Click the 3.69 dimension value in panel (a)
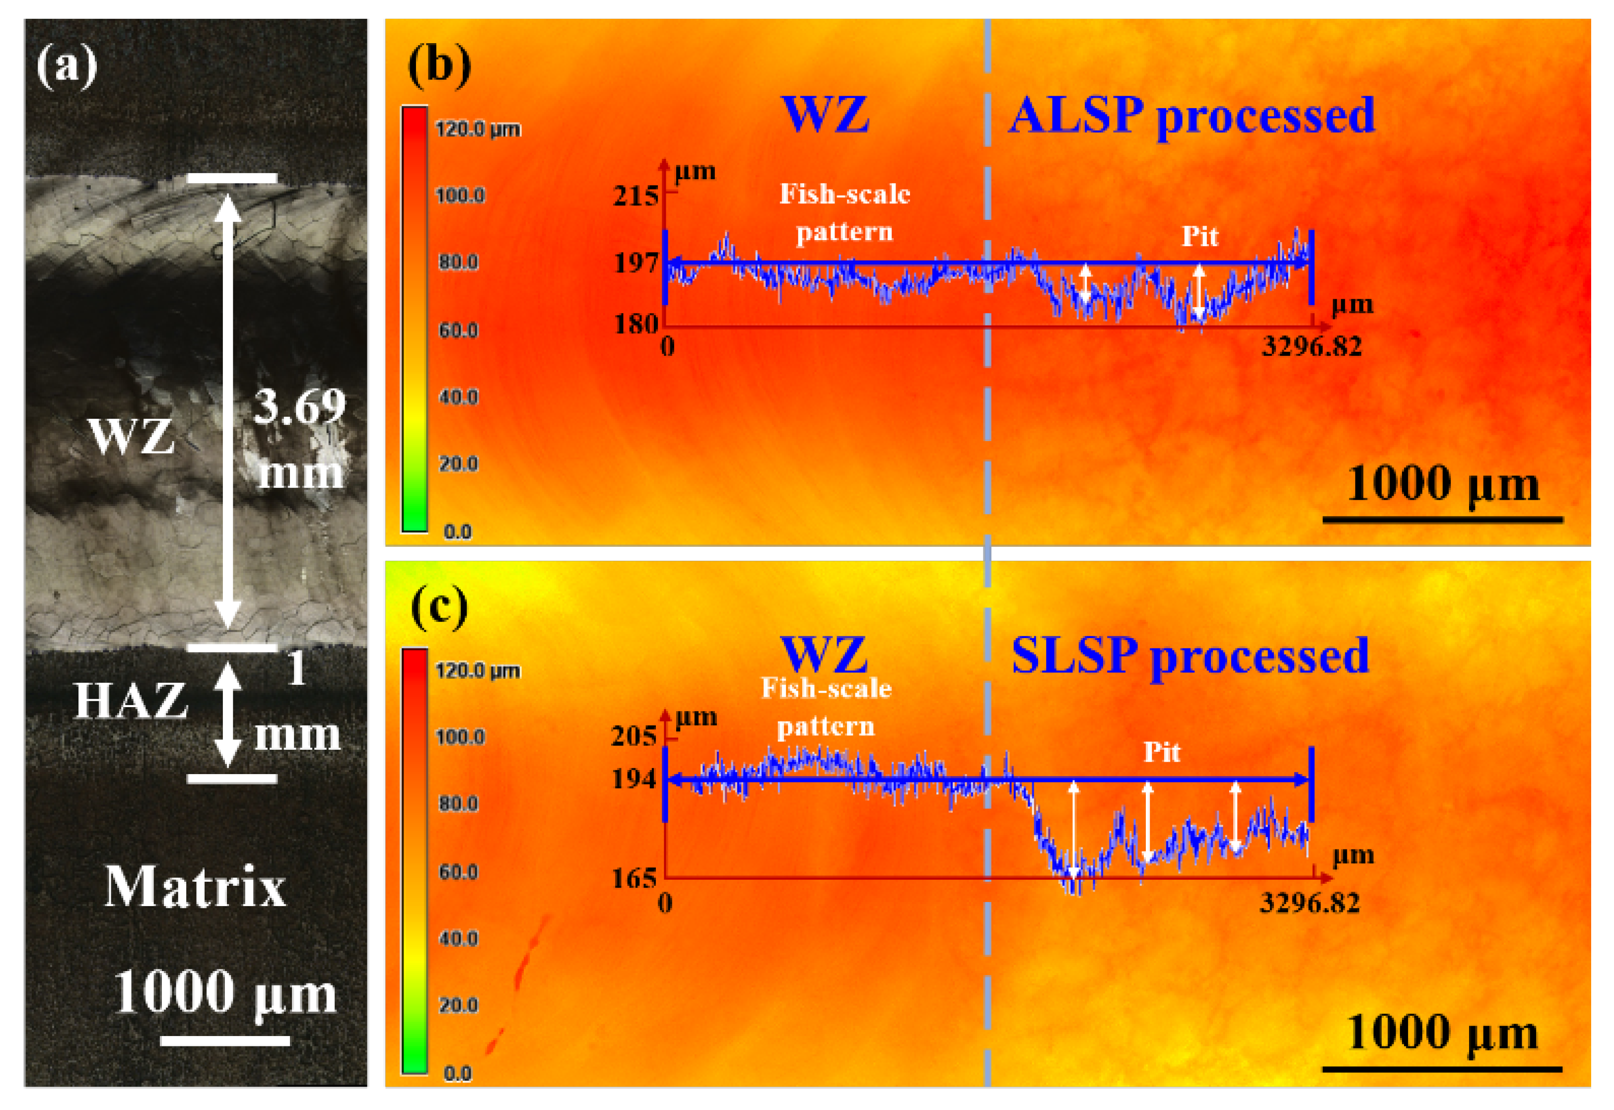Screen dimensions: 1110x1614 299,406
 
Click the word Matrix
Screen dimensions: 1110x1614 195,887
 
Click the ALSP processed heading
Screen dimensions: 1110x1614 1191,116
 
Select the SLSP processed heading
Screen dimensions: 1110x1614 1190,656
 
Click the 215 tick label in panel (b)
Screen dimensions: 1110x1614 634,197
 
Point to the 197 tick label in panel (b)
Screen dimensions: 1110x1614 635,263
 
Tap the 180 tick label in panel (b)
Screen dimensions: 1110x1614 635,324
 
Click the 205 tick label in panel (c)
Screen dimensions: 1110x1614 633,736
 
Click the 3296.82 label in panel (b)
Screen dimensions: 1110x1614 1311,346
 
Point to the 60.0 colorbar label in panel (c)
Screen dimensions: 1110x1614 458,871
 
